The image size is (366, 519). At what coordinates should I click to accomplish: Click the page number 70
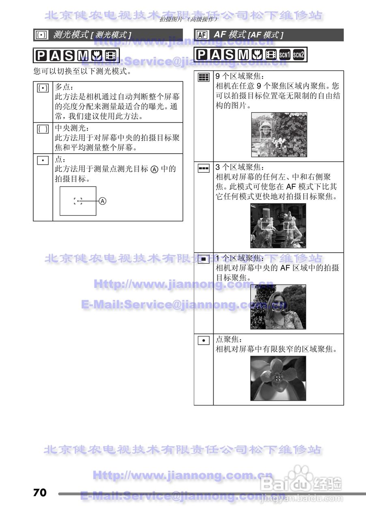pos(40,493)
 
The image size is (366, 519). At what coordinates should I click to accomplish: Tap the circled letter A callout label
pos(103,201)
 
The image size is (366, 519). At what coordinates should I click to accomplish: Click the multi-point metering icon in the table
pos(43,88)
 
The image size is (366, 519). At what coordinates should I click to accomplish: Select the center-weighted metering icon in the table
pos(43,129)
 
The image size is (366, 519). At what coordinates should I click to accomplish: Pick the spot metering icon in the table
pos(43,160)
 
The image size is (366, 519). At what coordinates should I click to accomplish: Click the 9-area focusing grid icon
pos(203,77)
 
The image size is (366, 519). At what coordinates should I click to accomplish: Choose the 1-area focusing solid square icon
pos(203,259)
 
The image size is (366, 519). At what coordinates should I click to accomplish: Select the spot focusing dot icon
pos(203,340)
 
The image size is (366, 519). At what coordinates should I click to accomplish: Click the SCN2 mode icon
pos(298,54)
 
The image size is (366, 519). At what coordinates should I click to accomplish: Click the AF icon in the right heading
pos(202,35)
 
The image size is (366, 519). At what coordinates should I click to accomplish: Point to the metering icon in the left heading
pos(41,35)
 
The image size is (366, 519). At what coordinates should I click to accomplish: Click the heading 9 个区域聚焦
pos(239,76)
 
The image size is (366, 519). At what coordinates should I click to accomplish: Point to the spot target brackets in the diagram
pos(78,201)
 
